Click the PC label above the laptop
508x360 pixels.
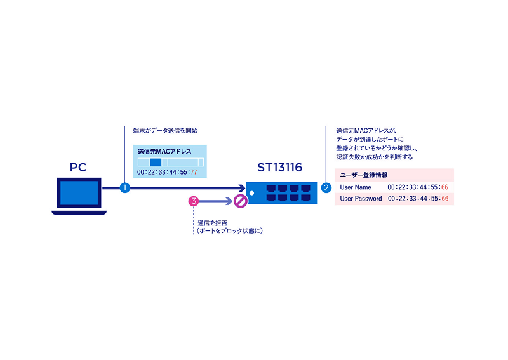point(79,168)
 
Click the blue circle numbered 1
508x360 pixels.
point(125,188)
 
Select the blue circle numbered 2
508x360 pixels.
point(326,188)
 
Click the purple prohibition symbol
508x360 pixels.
point(240,202)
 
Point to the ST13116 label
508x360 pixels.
point(279,168)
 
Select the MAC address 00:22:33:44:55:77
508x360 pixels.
point(167,173)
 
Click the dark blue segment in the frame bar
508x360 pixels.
point(156,163)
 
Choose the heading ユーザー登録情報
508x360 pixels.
point(364,175)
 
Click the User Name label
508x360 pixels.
point(356,187)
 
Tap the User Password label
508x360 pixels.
point(361,199)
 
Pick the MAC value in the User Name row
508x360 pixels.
point(418,187)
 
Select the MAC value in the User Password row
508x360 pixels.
point(418,199)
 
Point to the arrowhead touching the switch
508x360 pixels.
point(241,188)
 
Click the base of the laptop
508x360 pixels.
point(79,212)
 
